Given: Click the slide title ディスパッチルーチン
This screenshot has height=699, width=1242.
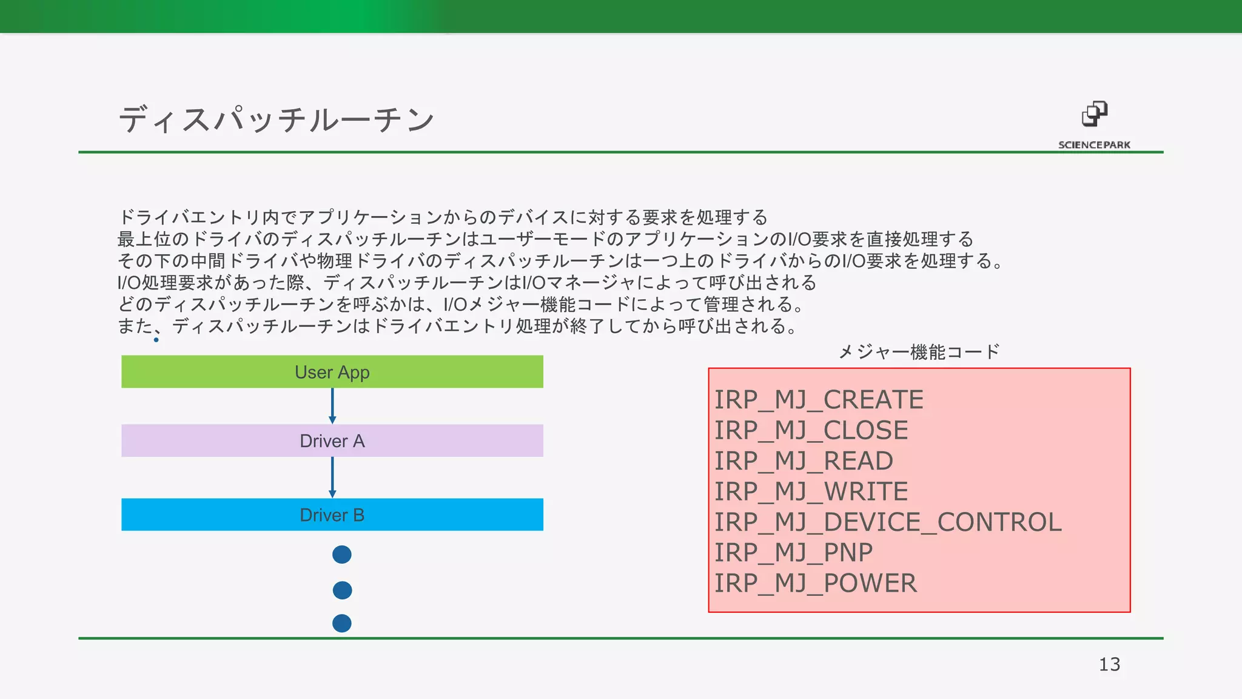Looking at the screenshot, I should click(x=277, y=118).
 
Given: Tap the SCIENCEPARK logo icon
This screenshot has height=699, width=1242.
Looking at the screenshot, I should click(x=1094, y=113).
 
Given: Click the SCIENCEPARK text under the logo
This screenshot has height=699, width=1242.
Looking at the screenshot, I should click(x=1094, y=145).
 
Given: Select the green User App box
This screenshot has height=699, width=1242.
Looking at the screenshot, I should click(x=332, y=371).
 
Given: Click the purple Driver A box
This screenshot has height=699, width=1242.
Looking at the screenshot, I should click(x=332, y=441).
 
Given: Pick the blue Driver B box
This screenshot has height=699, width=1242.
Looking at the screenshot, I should click(x=332, y=515).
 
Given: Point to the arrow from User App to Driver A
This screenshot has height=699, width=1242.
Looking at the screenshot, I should click(x=332, y=406).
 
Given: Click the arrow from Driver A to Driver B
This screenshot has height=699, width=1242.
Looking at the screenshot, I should click(x=332, y=478).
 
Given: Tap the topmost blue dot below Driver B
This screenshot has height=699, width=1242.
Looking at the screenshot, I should click(x=342, y=554).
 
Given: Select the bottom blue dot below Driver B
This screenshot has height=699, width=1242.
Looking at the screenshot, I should click(x=342, y=623).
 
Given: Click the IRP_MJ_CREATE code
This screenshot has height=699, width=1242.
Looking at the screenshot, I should click(x=819, y=400).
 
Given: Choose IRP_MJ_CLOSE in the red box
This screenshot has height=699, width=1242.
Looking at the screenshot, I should click(x=811, y=430).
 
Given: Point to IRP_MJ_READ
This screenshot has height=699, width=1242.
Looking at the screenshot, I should click(x=804, y=461).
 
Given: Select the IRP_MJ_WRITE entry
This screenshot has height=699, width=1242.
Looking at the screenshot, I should click(x=811, y=491).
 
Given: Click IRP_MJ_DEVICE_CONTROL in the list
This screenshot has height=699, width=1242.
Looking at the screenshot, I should click(x=888, y=522).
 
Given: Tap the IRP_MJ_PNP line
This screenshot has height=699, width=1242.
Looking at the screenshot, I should click(x=793, y=553).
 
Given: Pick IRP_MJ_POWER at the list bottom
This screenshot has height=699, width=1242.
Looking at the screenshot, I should click(x=815, y=583).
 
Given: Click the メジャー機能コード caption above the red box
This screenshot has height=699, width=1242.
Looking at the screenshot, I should click(x=919, y=352).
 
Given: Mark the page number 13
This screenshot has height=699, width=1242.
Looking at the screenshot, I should click(x=1109, y=664).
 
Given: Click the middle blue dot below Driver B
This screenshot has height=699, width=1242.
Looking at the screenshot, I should click(x=342, y=590).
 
